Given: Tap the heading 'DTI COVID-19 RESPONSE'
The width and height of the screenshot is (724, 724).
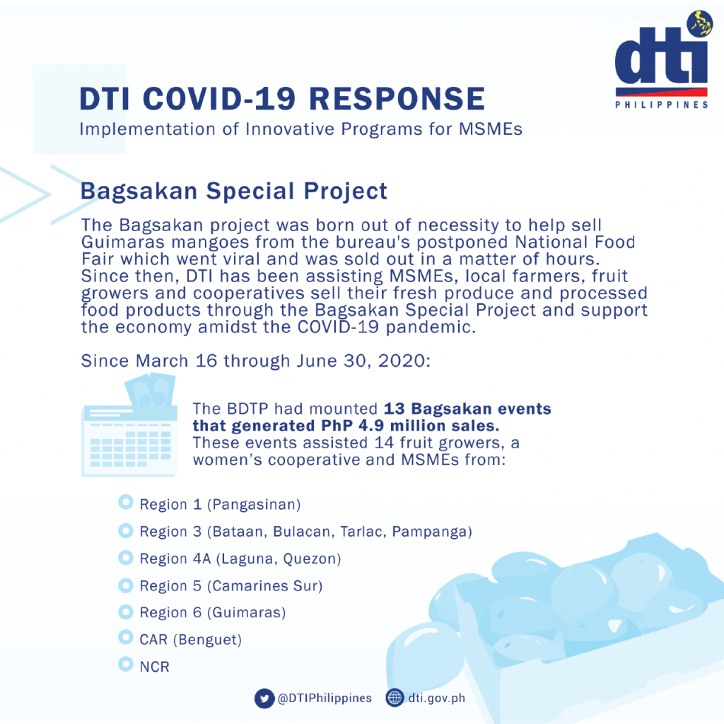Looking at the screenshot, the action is (282, 99).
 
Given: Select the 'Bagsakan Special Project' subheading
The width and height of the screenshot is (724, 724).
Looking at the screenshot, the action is (233, 191).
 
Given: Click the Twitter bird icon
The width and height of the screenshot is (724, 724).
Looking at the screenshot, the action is (264, 698).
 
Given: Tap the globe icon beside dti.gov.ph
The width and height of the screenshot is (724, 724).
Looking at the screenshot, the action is (395, 698).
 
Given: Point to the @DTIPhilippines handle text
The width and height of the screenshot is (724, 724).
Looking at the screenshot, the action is (325, 698).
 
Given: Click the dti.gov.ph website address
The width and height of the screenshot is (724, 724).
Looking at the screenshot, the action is (436, 698).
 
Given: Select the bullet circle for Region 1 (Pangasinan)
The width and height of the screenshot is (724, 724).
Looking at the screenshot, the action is (126, 502).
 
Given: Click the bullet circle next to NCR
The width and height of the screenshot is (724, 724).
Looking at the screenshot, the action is (126, 665).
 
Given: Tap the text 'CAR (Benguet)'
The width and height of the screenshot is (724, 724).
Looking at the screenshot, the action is (191, 640).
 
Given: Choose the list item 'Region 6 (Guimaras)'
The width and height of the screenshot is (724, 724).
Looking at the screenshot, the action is (213, 613).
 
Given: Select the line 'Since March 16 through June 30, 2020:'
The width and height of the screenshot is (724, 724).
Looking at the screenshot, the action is (256, 361).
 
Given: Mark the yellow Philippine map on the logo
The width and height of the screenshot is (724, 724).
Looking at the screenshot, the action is (700, 23).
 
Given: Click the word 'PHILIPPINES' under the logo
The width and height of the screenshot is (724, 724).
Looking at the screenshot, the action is (662, 105).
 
